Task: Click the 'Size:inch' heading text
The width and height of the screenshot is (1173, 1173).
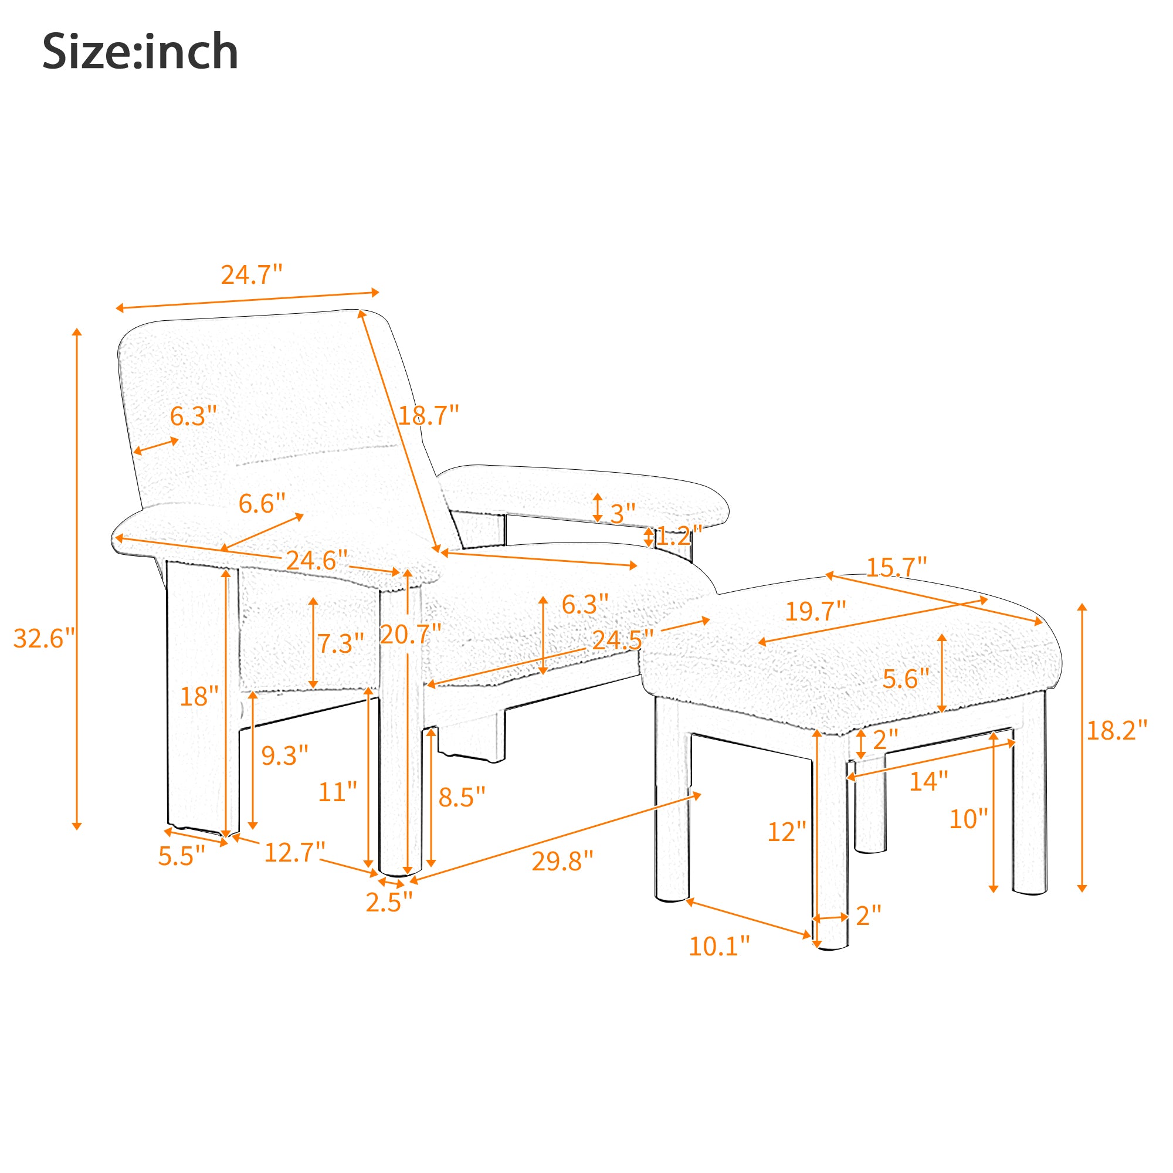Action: (x=140, y=52)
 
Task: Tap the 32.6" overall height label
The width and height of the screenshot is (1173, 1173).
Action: (x=45, y=639)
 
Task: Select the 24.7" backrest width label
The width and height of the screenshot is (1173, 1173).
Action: (x=252, y=275)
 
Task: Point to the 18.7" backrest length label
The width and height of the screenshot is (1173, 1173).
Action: (x=429, y=416)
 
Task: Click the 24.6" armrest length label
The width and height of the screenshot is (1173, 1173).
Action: (x=317, y=560)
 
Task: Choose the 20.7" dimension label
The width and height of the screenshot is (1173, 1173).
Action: (x=411, y=635)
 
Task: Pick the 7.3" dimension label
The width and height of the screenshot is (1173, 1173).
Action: (x=341, y=643)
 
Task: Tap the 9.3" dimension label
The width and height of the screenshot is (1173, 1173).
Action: (x=285, y=755)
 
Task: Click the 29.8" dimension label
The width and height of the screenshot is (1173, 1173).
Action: (x=562, y=861)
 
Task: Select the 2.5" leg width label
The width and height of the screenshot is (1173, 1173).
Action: (x=389, y=902)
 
